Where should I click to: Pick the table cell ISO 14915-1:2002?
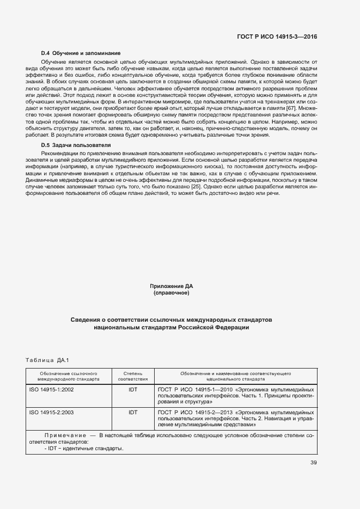pos(52,390)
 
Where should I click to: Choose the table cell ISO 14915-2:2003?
pos(52,413)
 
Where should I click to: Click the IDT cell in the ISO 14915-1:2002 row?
pos(133,390)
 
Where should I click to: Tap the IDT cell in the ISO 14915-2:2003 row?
pos(133,413)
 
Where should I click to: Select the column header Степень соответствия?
pos(133,376)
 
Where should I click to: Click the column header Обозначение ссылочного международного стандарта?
pos(68,376)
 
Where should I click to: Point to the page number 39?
pos(313,463)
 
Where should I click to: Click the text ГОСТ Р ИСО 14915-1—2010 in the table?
pos(191,390)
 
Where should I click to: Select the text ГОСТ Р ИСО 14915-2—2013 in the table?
pos(191,413)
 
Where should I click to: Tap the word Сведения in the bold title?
pos(86,319)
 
